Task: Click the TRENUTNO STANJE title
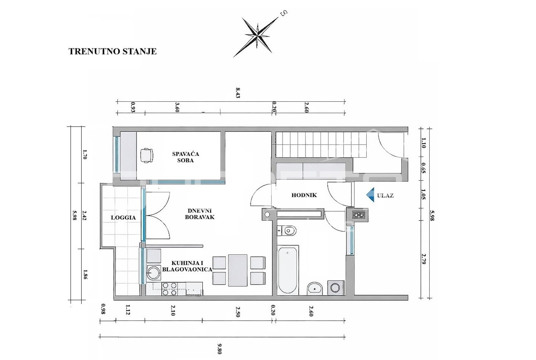click(113, 51)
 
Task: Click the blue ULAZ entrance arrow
click(370, 195)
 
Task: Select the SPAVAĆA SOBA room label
click(186, 157)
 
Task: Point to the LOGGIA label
click(123, 218)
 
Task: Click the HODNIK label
click(304, 195)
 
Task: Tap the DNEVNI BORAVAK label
click(200, 214)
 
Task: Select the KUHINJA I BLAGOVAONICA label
click(187, 266)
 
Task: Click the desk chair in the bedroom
click(146, 155)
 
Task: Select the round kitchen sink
click(153, 273)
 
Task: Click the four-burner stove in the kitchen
click(170, 289)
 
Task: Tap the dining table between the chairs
click(238, 270)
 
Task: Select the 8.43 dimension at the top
click(238, 93)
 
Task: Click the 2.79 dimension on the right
click(424, 259)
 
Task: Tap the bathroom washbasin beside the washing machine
click(315, 289)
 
